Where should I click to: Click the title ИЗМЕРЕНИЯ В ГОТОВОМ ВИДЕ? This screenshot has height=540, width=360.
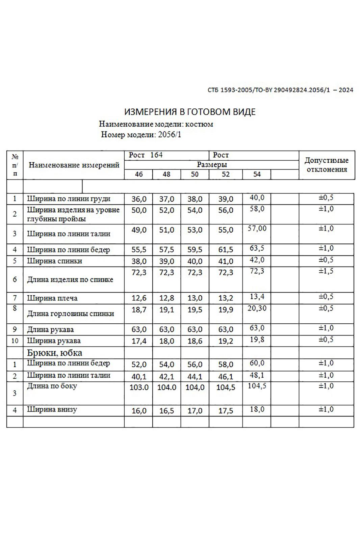tap(190, 112)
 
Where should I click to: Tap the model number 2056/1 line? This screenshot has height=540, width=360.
tap(141, 135)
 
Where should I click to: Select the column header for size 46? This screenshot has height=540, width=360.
tap(138, 174)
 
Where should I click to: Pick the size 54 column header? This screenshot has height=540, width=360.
tap(257, 174)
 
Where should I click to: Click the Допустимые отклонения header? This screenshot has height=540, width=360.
tap(327, 165)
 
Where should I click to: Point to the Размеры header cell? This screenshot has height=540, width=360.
tap(212, 165)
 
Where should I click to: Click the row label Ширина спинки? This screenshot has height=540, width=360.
tap(54, 261)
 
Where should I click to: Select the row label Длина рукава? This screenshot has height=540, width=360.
tap(50, 329)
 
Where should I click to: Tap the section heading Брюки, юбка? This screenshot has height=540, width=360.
tap(54, 353)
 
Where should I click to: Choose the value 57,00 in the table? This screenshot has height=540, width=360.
tap(257, 228)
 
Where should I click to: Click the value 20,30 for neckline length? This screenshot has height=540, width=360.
tap(257, 308)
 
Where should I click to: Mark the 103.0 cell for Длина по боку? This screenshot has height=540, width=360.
tap(139, 387)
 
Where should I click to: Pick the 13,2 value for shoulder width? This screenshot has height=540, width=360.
tap(226, 298)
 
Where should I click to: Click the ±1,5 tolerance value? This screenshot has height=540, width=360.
tap(326, 271)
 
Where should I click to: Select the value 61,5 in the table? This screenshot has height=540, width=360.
tap(226, 250)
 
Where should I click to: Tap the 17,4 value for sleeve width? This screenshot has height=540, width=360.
tap(139, 341)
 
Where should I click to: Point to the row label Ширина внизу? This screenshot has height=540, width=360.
tap(52, 409)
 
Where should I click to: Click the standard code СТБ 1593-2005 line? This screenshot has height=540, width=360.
tap(280, 90)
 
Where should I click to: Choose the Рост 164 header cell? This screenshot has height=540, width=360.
tap(146, 155)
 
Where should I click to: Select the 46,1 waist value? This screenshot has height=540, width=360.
tap(226, 377)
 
